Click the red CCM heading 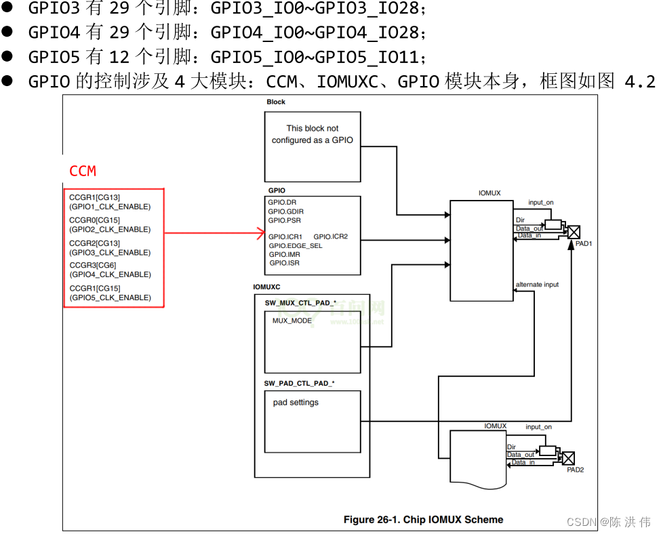[83, 171]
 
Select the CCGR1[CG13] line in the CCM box [94, 197]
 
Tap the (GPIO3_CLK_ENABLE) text [110, 252]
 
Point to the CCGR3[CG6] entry [92, 265]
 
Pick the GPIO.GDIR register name [285, 211]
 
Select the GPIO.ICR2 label [330, 237]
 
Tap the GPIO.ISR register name [284, 263]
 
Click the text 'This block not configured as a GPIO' [312, 134]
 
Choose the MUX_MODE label [292, 321]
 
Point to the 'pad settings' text [296, 403]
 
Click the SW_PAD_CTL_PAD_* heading [299, 384]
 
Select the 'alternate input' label [537, 285]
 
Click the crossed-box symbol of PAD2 [568, 457]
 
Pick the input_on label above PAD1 [541, 203]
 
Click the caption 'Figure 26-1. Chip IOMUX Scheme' [423, 520]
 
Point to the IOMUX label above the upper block [489, 193]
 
